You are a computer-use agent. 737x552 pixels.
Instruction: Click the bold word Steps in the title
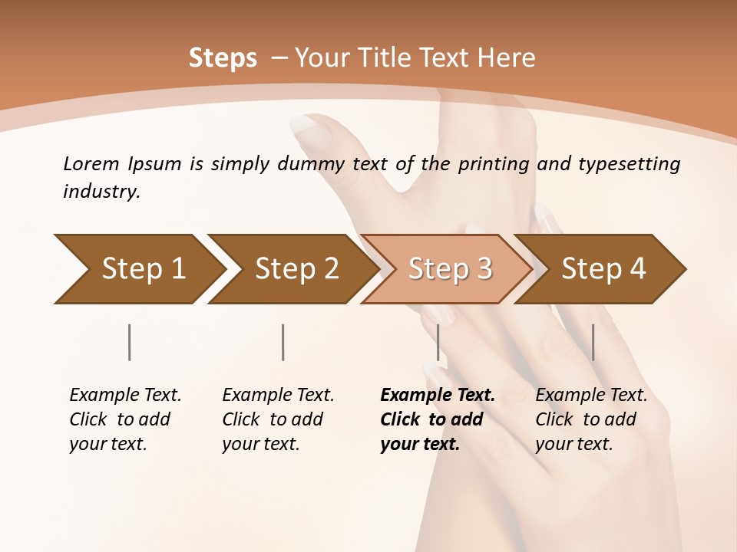click(223, 58)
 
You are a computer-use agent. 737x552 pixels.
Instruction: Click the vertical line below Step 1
click(129, 342)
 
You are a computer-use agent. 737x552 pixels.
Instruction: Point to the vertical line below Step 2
click(283, 342)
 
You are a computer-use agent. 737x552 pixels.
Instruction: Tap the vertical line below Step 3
click(438, 342)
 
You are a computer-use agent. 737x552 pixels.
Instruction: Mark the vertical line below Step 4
click(593, 342)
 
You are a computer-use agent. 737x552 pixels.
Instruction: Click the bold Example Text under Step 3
click(438, 396)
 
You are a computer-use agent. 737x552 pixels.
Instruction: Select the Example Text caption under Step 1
click(125, 396)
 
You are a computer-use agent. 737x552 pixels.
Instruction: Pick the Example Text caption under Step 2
click(278, 396)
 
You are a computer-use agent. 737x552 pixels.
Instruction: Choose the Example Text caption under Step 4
click(591, 396)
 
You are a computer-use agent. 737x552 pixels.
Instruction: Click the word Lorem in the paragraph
click(91, 164)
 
